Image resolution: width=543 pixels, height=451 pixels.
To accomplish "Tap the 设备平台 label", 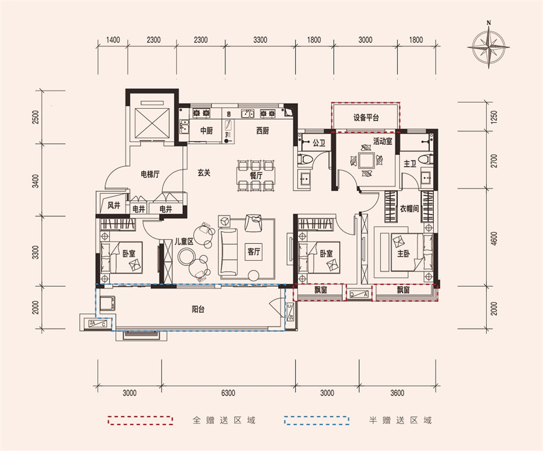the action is [x=366, y=118].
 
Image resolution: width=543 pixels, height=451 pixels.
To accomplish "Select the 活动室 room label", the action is [x=383, y=141].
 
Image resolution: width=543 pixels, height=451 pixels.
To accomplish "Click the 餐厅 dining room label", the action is [x=256, y=176].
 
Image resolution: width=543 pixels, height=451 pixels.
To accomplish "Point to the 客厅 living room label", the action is [x=253, y=251].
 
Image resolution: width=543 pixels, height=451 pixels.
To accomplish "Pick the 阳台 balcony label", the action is [x=198, y=309].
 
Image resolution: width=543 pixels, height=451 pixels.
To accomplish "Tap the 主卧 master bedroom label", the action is [x=404, y=254].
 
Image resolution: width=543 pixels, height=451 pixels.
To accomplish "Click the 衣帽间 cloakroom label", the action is [x=409, y=209].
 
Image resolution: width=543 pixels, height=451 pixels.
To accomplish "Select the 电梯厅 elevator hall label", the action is [x=150, y=174].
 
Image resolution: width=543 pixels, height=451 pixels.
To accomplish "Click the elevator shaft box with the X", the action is [x=152, y=123].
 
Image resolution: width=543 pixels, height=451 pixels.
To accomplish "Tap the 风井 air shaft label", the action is [x=113, y=205].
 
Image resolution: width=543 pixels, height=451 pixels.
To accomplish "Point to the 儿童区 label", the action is [x=183, y=241].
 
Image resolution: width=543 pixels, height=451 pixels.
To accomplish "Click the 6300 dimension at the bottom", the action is [x=228, y=393].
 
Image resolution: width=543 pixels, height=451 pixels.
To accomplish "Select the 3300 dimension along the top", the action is [x=260, y=40].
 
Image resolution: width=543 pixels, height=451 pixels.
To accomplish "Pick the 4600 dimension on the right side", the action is [x=494, y=238].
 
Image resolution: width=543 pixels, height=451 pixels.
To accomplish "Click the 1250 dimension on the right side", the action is [x=494, y=117].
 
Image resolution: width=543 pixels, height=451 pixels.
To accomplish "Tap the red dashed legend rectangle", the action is [x=140, y=420].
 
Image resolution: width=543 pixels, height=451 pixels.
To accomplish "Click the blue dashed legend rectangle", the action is [x=317, y=420].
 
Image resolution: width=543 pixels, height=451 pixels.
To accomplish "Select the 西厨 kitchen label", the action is [x=262, y=130].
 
